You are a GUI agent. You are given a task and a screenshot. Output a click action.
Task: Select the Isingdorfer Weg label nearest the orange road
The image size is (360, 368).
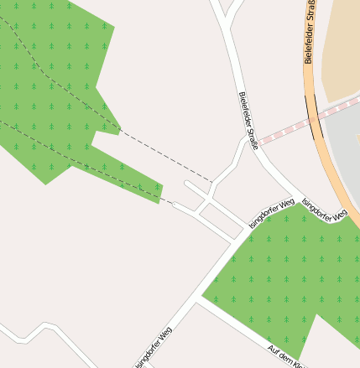point(324,210)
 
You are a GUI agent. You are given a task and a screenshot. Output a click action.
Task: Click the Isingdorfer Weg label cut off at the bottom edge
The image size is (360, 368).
point(154,347)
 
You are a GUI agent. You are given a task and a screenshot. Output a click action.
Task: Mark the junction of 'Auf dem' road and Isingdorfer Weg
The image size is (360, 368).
point(198,299)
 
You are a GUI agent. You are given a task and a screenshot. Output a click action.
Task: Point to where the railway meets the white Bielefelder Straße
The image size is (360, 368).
point(257,143)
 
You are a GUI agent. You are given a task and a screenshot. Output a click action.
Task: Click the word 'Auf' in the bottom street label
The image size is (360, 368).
point(273,348)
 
